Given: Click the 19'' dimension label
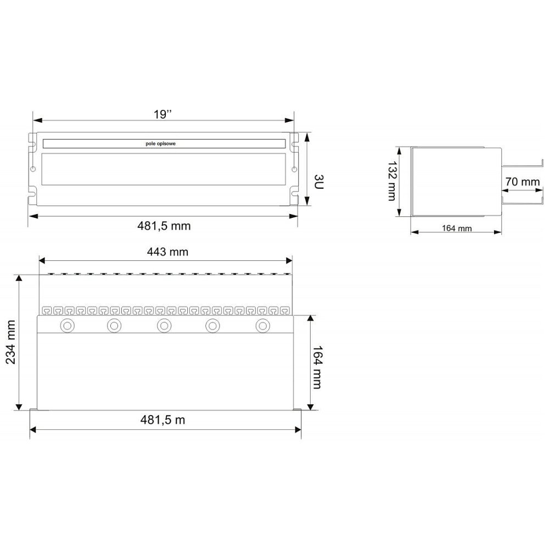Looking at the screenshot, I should [163, 115].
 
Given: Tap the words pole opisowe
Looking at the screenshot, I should [165, 144].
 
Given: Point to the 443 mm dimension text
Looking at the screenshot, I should [167, 252].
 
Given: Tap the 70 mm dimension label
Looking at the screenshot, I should [522, 182].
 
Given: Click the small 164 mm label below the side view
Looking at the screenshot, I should [457, 229].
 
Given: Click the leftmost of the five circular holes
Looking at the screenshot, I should [69, 326].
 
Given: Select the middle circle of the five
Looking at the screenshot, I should [163, 326].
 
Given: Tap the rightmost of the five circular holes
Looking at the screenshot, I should [263, 326].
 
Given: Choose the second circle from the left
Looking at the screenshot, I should [114, 326].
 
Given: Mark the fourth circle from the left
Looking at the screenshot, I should [213, 326].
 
